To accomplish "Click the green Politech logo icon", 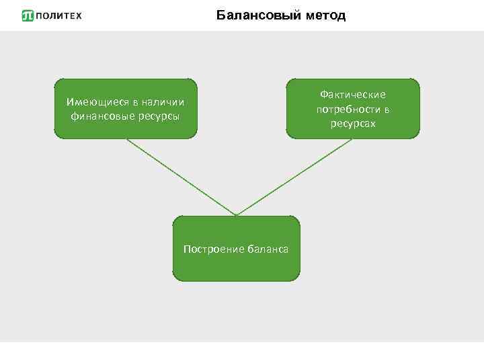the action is (28, 15).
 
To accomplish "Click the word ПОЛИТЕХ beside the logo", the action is (58, 15).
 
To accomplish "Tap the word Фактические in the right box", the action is (352, 95).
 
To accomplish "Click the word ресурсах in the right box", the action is (352, 123).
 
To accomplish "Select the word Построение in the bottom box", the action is (210, 249).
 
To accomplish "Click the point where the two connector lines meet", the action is (236, 215).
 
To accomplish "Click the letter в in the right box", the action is (387, 109).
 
